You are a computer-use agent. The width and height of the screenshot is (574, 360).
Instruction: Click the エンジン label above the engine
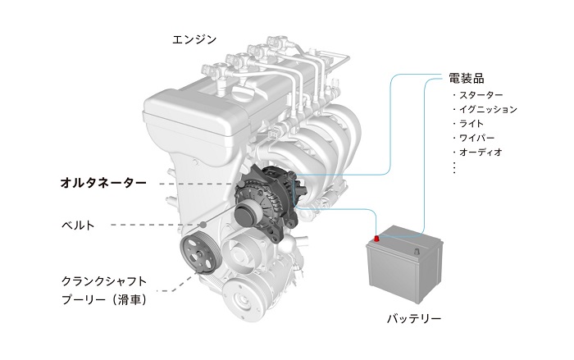194,39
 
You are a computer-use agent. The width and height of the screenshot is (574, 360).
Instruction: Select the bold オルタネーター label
103,182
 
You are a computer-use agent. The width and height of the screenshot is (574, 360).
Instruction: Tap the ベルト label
78,225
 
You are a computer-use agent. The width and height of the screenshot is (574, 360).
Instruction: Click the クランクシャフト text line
104,281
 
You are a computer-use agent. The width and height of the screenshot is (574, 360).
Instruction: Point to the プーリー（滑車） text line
105,300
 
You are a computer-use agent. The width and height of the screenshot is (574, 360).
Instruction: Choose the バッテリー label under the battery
414,318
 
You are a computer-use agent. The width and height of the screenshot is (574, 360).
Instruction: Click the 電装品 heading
467,78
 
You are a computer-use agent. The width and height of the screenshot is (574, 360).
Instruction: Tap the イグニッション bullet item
485,109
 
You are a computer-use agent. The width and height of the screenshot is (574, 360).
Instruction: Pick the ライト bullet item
468,124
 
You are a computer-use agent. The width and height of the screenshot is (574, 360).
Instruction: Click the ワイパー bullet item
473,138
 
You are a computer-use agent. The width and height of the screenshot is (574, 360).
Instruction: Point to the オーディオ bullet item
477,152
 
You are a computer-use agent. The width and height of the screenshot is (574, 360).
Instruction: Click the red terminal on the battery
376,239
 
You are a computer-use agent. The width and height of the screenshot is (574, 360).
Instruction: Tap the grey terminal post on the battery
417,251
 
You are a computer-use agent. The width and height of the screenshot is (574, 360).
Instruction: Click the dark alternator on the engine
268,203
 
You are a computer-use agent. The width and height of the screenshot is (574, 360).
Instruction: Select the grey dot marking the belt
203,225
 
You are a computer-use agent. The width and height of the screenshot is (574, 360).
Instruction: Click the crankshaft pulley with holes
201,254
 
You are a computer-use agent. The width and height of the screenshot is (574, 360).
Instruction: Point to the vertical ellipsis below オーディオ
454,168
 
